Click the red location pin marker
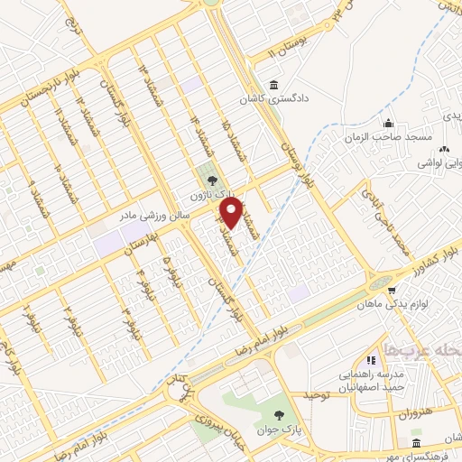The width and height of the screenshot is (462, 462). [231, 212]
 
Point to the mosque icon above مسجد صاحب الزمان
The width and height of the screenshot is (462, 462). [388, 123]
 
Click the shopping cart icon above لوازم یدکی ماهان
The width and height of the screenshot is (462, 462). [392, 290]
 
